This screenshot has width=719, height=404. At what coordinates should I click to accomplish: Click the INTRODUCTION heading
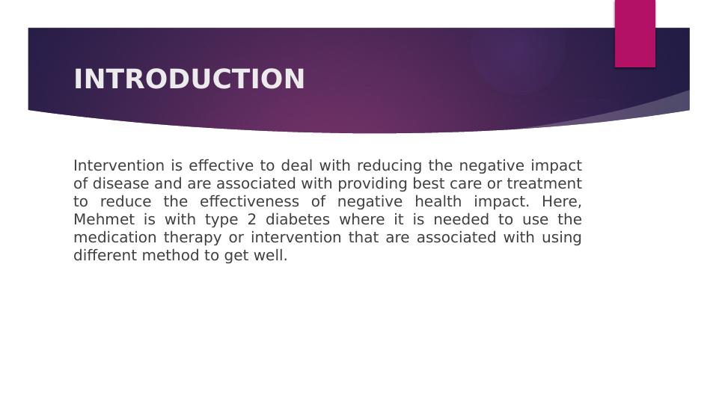(x=189, y=79)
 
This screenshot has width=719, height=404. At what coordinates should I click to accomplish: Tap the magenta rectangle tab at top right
(x=634, y=34)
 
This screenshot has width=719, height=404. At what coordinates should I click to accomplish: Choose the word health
(x=435, y=201)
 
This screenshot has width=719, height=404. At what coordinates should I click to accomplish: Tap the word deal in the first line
(x=297, y=165)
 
